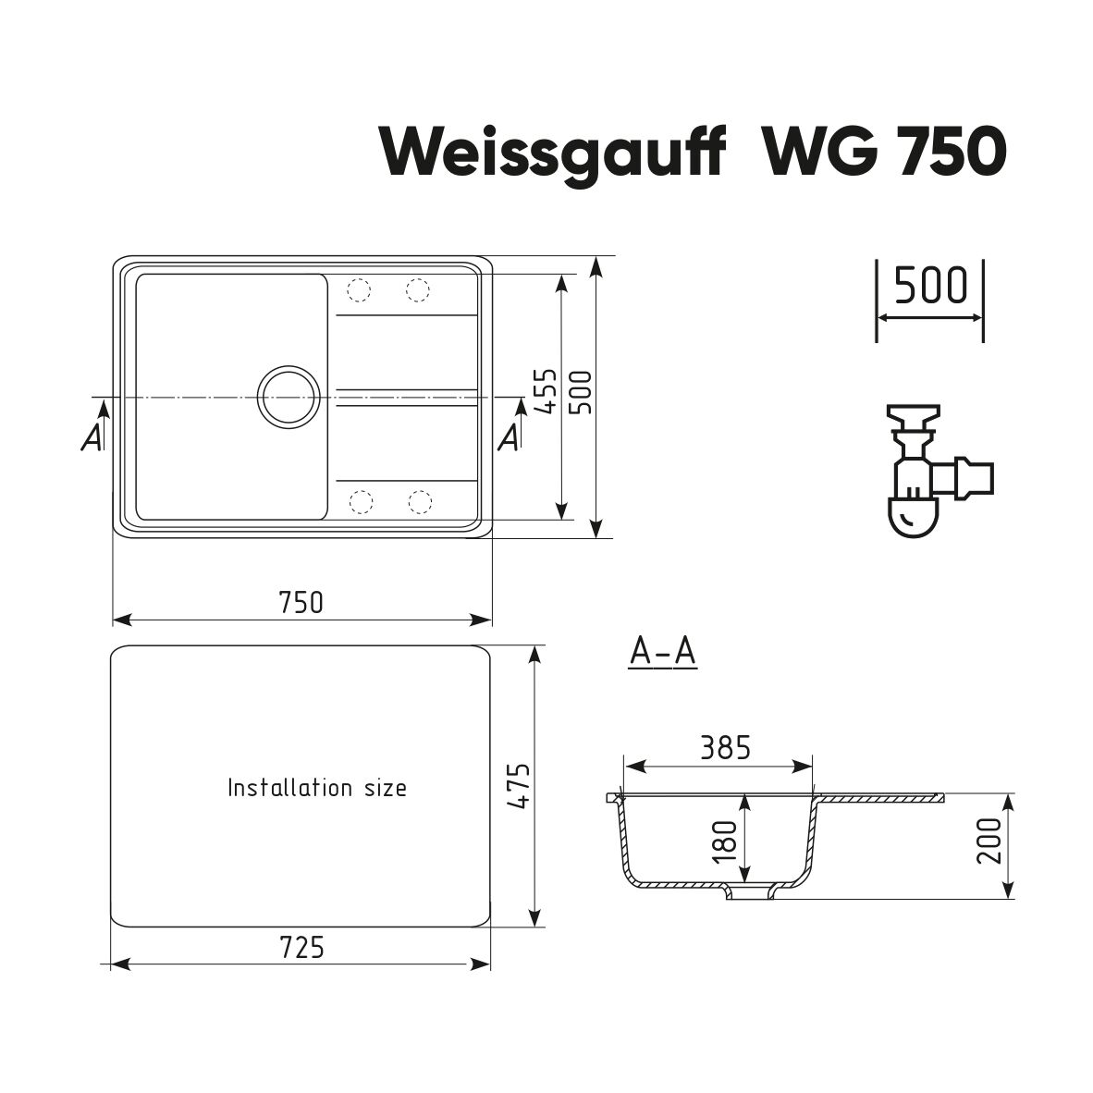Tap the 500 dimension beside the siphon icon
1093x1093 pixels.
click(930, 285)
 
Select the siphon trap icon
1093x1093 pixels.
click(939, 471)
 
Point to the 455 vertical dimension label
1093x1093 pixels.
click(549, 391)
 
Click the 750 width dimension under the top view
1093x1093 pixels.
click(301, 602)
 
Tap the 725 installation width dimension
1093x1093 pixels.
click(301, 947)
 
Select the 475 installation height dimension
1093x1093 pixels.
click(519, 786)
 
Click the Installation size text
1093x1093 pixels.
click(317, 788)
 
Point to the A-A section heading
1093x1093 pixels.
click(662, 652)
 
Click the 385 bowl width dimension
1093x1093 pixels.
click(726, 747)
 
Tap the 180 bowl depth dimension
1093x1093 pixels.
click(726, 841)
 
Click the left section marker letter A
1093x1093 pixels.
click(92, 437)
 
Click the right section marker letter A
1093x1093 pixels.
click(510, 437)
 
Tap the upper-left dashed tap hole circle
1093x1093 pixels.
click(359, 290)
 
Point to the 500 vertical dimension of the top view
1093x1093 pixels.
click(582, 392)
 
